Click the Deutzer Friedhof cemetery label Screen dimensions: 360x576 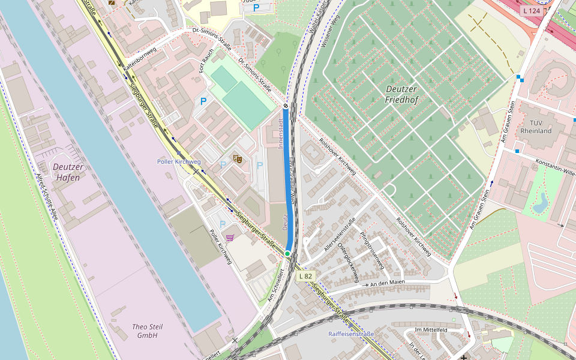click(401, 94)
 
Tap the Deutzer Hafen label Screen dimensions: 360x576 click(67, 172)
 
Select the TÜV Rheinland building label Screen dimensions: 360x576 click(536, 125)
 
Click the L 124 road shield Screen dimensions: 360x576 click(531, 11)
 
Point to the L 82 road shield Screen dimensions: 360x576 click(305, 276)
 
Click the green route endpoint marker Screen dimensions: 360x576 click(287, 254)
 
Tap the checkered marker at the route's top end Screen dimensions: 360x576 click(286, 106)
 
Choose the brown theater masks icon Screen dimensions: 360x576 click(238, 159)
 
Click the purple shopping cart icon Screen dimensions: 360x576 click(230, 238)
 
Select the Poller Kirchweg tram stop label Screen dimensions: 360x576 click(179, 161)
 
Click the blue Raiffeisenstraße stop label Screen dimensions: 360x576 click(351, 334)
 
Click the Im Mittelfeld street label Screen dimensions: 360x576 click(431, 330)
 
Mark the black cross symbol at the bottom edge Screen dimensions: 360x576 click(463, 358)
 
